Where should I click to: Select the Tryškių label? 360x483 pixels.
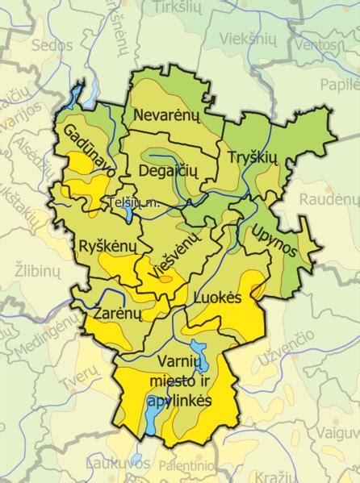(252, 156)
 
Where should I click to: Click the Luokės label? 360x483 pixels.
(218, 298)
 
